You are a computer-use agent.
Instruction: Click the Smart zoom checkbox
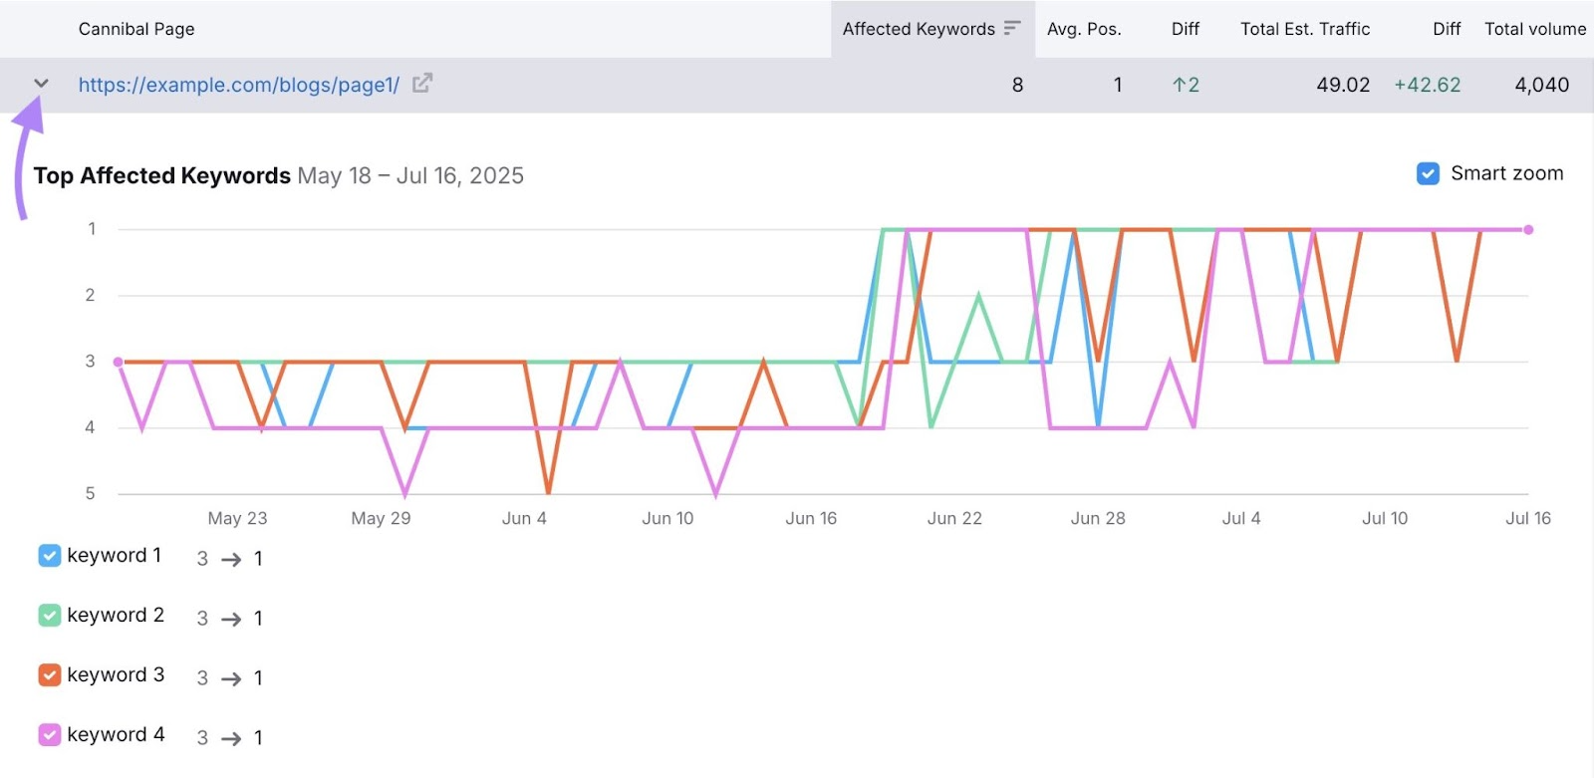coord(1428,173)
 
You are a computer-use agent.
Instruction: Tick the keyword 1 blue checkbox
coord(50,556)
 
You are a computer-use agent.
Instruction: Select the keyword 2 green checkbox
coord(50,616)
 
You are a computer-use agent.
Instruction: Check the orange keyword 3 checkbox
coord(50,675)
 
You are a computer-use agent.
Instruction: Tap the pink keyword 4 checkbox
coord(50,735)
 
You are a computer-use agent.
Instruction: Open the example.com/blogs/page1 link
coord(239,85)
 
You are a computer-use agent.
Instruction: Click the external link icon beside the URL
coord(422,84)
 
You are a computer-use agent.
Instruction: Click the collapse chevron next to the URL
coord(41,84)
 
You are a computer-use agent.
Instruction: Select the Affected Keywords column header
coord(919,29)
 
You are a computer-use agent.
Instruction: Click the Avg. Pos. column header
coord(1084,29)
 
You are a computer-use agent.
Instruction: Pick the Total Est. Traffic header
coord(1305,29)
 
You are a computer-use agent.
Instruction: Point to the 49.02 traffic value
coord(1343,85)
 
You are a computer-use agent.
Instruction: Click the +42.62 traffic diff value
coord(1427,85)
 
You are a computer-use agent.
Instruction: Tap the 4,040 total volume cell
coord(1541,85)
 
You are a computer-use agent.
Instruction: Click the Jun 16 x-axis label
coord(811,518)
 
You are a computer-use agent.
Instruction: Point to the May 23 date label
coord(237,518)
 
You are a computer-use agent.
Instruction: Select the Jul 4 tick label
coord(1241,518)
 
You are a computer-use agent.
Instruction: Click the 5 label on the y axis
coord(91,493)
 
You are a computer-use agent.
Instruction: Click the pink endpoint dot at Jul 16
coord(1528,230)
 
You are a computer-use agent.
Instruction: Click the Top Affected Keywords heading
coord(161,175)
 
